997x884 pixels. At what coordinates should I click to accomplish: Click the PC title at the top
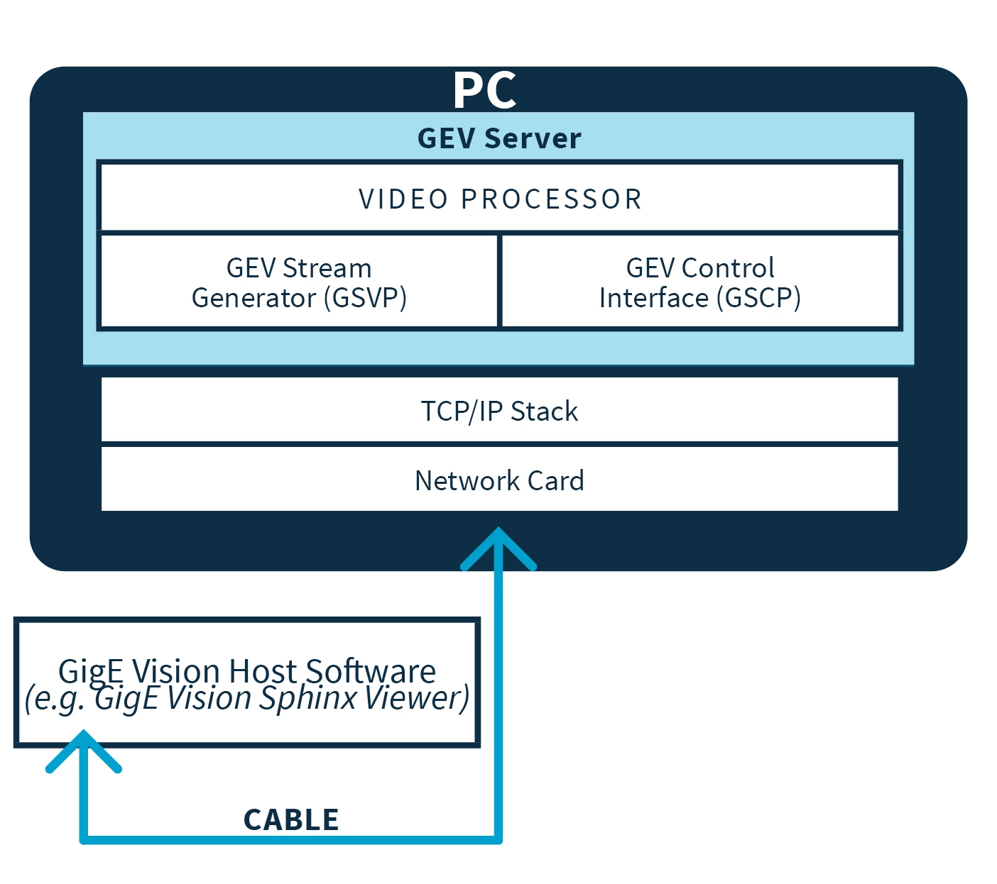click(484, 90)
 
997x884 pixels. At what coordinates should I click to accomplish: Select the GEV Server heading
click(499, 138)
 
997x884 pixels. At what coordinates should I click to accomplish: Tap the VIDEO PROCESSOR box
click(500, 199)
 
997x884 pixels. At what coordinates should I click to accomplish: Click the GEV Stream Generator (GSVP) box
click(299, 282)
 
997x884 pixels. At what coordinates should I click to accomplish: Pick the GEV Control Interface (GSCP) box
click(700, 282)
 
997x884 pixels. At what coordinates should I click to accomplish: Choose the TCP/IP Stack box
click(499, 411)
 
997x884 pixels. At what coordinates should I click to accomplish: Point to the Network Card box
click(499, 480)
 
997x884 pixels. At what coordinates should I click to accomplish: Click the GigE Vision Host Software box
click(247, 683)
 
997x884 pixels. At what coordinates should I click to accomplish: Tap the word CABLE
click(291, 819)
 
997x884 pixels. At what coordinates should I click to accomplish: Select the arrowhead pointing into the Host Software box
click(84, 748)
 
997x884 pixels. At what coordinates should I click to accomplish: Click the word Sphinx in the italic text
click(307, 698)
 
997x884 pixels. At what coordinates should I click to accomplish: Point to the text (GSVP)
click(365, 298)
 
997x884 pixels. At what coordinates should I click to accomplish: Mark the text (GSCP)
click(758, 298)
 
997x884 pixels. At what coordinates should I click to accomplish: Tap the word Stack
click(544, 411)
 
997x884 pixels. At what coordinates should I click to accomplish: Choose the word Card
click(555, 481)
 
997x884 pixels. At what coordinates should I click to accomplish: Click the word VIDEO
click(403, 199)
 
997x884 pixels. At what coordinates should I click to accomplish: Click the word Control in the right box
click(727, 268)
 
